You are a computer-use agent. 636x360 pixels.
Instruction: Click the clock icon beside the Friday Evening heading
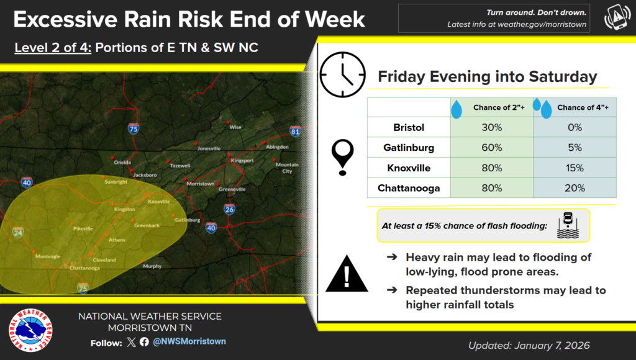click(x=342, y=74)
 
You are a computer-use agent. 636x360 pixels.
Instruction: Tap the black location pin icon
click(x=343, y=157)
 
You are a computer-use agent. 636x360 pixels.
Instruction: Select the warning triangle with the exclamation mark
click(x=347, y=274)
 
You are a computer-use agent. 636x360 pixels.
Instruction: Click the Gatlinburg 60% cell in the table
click(x=492, y=148)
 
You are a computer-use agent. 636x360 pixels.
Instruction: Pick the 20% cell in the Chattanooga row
click(x=575, y=188)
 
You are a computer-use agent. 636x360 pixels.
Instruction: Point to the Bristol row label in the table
click(x=409, y=127)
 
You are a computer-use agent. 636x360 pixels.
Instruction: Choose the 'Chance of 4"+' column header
click(x=583, y=107)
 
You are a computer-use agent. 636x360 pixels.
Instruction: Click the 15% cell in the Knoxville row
click(x=575, y=168)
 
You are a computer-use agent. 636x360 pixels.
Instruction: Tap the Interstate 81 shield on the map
click(x=295, y=131)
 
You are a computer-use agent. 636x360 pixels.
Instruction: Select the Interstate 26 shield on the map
click(x=229, y=209)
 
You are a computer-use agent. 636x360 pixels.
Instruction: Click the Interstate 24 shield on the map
click(x=18, y=232)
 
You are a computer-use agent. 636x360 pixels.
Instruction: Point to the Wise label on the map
click(x=235, y=127)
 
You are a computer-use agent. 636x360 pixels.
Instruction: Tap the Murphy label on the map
click(x=152, y=266)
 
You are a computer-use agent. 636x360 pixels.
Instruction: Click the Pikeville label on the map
click(x=83, y=228)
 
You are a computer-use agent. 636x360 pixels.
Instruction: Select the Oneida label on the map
click(x=122, y=162)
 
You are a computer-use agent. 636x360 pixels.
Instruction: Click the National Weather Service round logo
click(x=30, y=330)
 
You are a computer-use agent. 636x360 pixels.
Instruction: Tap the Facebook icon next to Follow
click(x=144, y=342)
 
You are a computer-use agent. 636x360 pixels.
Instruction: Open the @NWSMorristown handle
click(x=189, y=341)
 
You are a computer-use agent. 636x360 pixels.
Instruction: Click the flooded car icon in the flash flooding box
click(x=568, y=225)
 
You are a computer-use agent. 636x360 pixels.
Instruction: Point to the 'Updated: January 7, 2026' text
click(x=529, y=345)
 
